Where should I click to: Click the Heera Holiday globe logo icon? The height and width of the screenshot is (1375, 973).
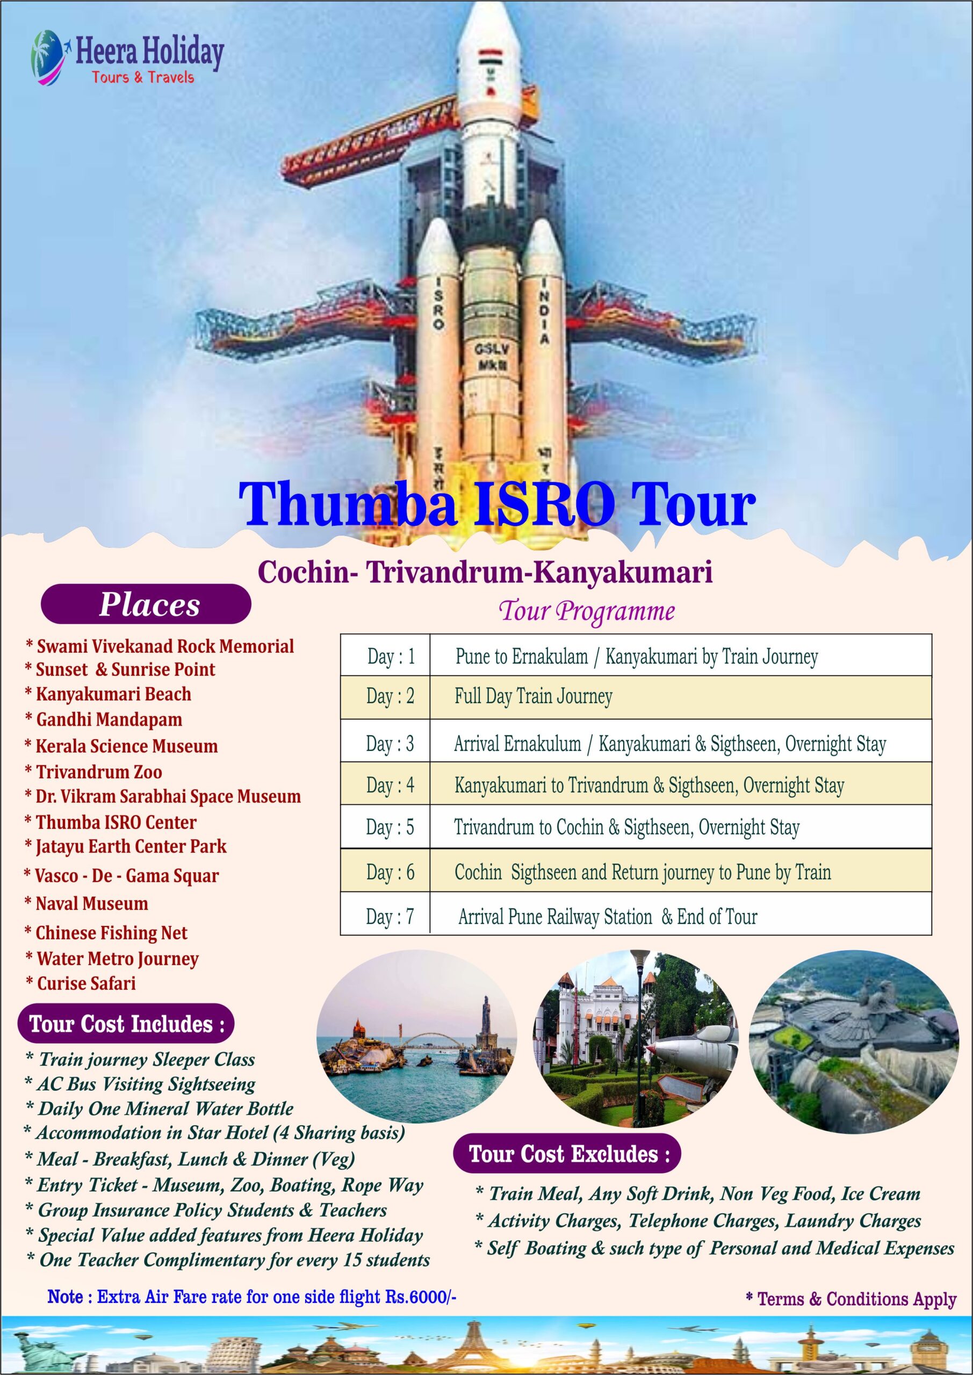51,57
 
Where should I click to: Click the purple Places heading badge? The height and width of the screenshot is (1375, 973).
146,604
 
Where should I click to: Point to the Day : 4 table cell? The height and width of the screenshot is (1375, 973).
390,785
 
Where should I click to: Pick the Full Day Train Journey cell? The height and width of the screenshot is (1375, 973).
533,697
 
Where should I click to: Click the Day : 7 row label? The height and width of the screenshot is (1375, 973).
390,916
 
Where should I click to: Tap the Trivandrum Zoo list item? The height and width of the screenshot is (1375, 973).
93,771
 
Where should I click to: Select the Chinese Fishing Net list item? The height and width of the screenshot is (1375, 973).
106,932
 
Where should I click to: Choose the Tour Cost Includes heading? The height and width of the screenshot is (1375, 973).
126,1024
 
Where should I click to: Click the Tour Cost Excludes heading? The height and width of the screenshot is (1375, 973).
567,1153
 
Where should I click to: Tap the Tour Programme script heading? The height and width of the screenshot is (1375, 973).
587,611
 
